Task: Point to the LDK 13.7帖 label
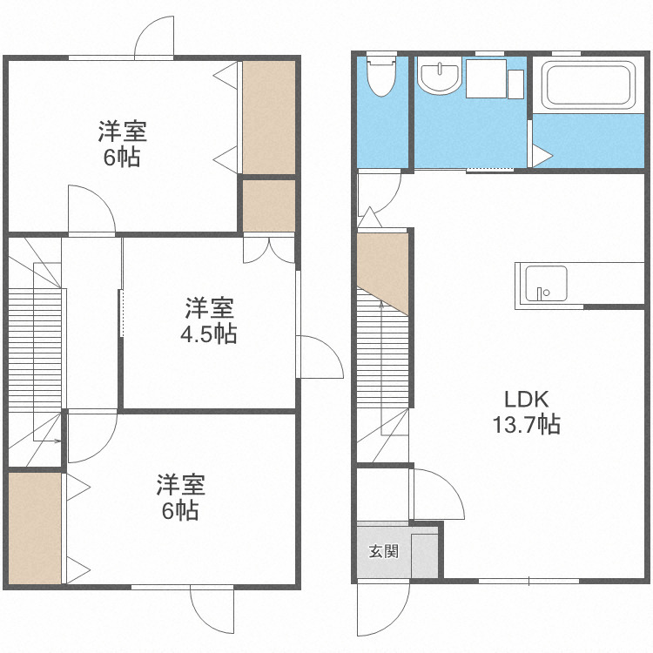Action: tap(526, 412)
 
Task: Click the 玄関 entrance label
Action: tap(383, 551)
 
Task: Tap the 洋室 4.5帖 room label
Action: tap(208, 321)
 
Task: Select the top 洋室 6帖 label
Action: tap(122, 145)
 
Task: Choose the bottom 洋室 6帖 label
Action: tap(181, 497)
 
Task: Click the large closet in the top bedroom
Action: tap(269, 117)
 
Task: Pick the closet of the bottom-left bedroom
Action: tap(35, 528)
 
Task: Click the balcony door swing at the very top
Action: tap(157, 37)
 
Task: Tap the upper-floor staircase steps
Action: tap(36, 348)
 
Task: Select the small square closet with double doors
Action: tap(269, 206)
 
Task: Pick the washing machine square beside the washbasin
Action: tap(488, 78)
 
